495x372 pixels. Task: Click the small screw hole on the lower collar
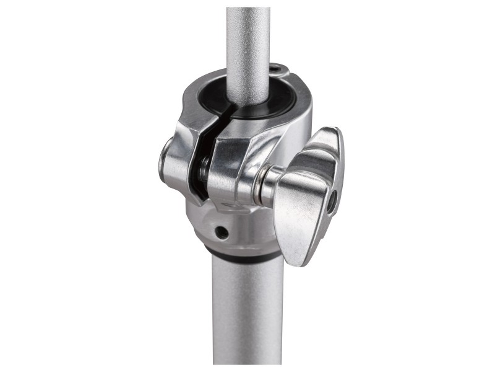pyautogui.click(x=222, y=232)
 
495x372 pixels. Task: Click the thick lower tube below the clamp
pyautogui.click(x=247, y=310)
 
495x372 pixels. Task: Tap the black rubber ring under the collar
pyautogui.click(x=241, y=254)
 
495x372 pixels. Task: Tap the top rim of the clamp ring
pyautogui.click(x=291, y=84)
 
